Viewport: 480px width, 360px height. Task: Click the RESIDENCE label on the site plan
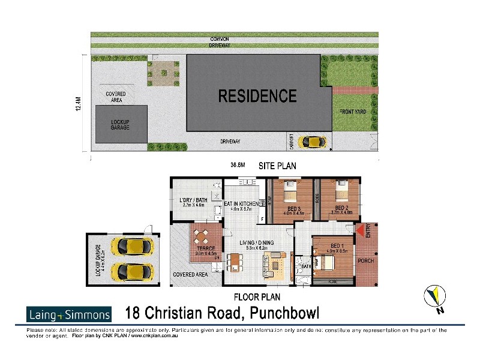pyautogui.click(x=257, y=96)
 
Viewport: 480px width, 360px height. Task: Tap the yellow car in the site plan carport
pyautogui.click(x=313, y=142)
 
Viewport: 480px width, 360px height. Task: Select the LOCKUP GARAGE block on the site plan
pyautogui.click(x=121, y=124)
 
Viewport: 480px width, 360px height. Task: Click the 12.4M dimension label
pyautogui.click(x=79, y=106)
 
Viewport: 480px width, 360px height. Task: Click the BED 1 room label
pyautogui.click(x=334, y=246)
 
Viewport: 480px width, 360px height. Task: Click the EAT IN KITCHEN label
pyautogui.click(x=241, y=204)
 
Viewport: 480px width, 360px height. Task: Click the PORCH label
pyautogui.click(x=365, y=261)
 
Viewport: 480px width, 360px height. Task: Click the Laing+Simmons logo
pyautogui.click(x=69, y=314)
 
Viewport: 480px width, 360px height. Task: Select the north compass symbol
pyautogui.click(x=436, y=297)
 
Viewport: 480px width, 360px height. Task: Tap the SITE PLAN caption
pyautogui.click(x=277, y=166)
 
